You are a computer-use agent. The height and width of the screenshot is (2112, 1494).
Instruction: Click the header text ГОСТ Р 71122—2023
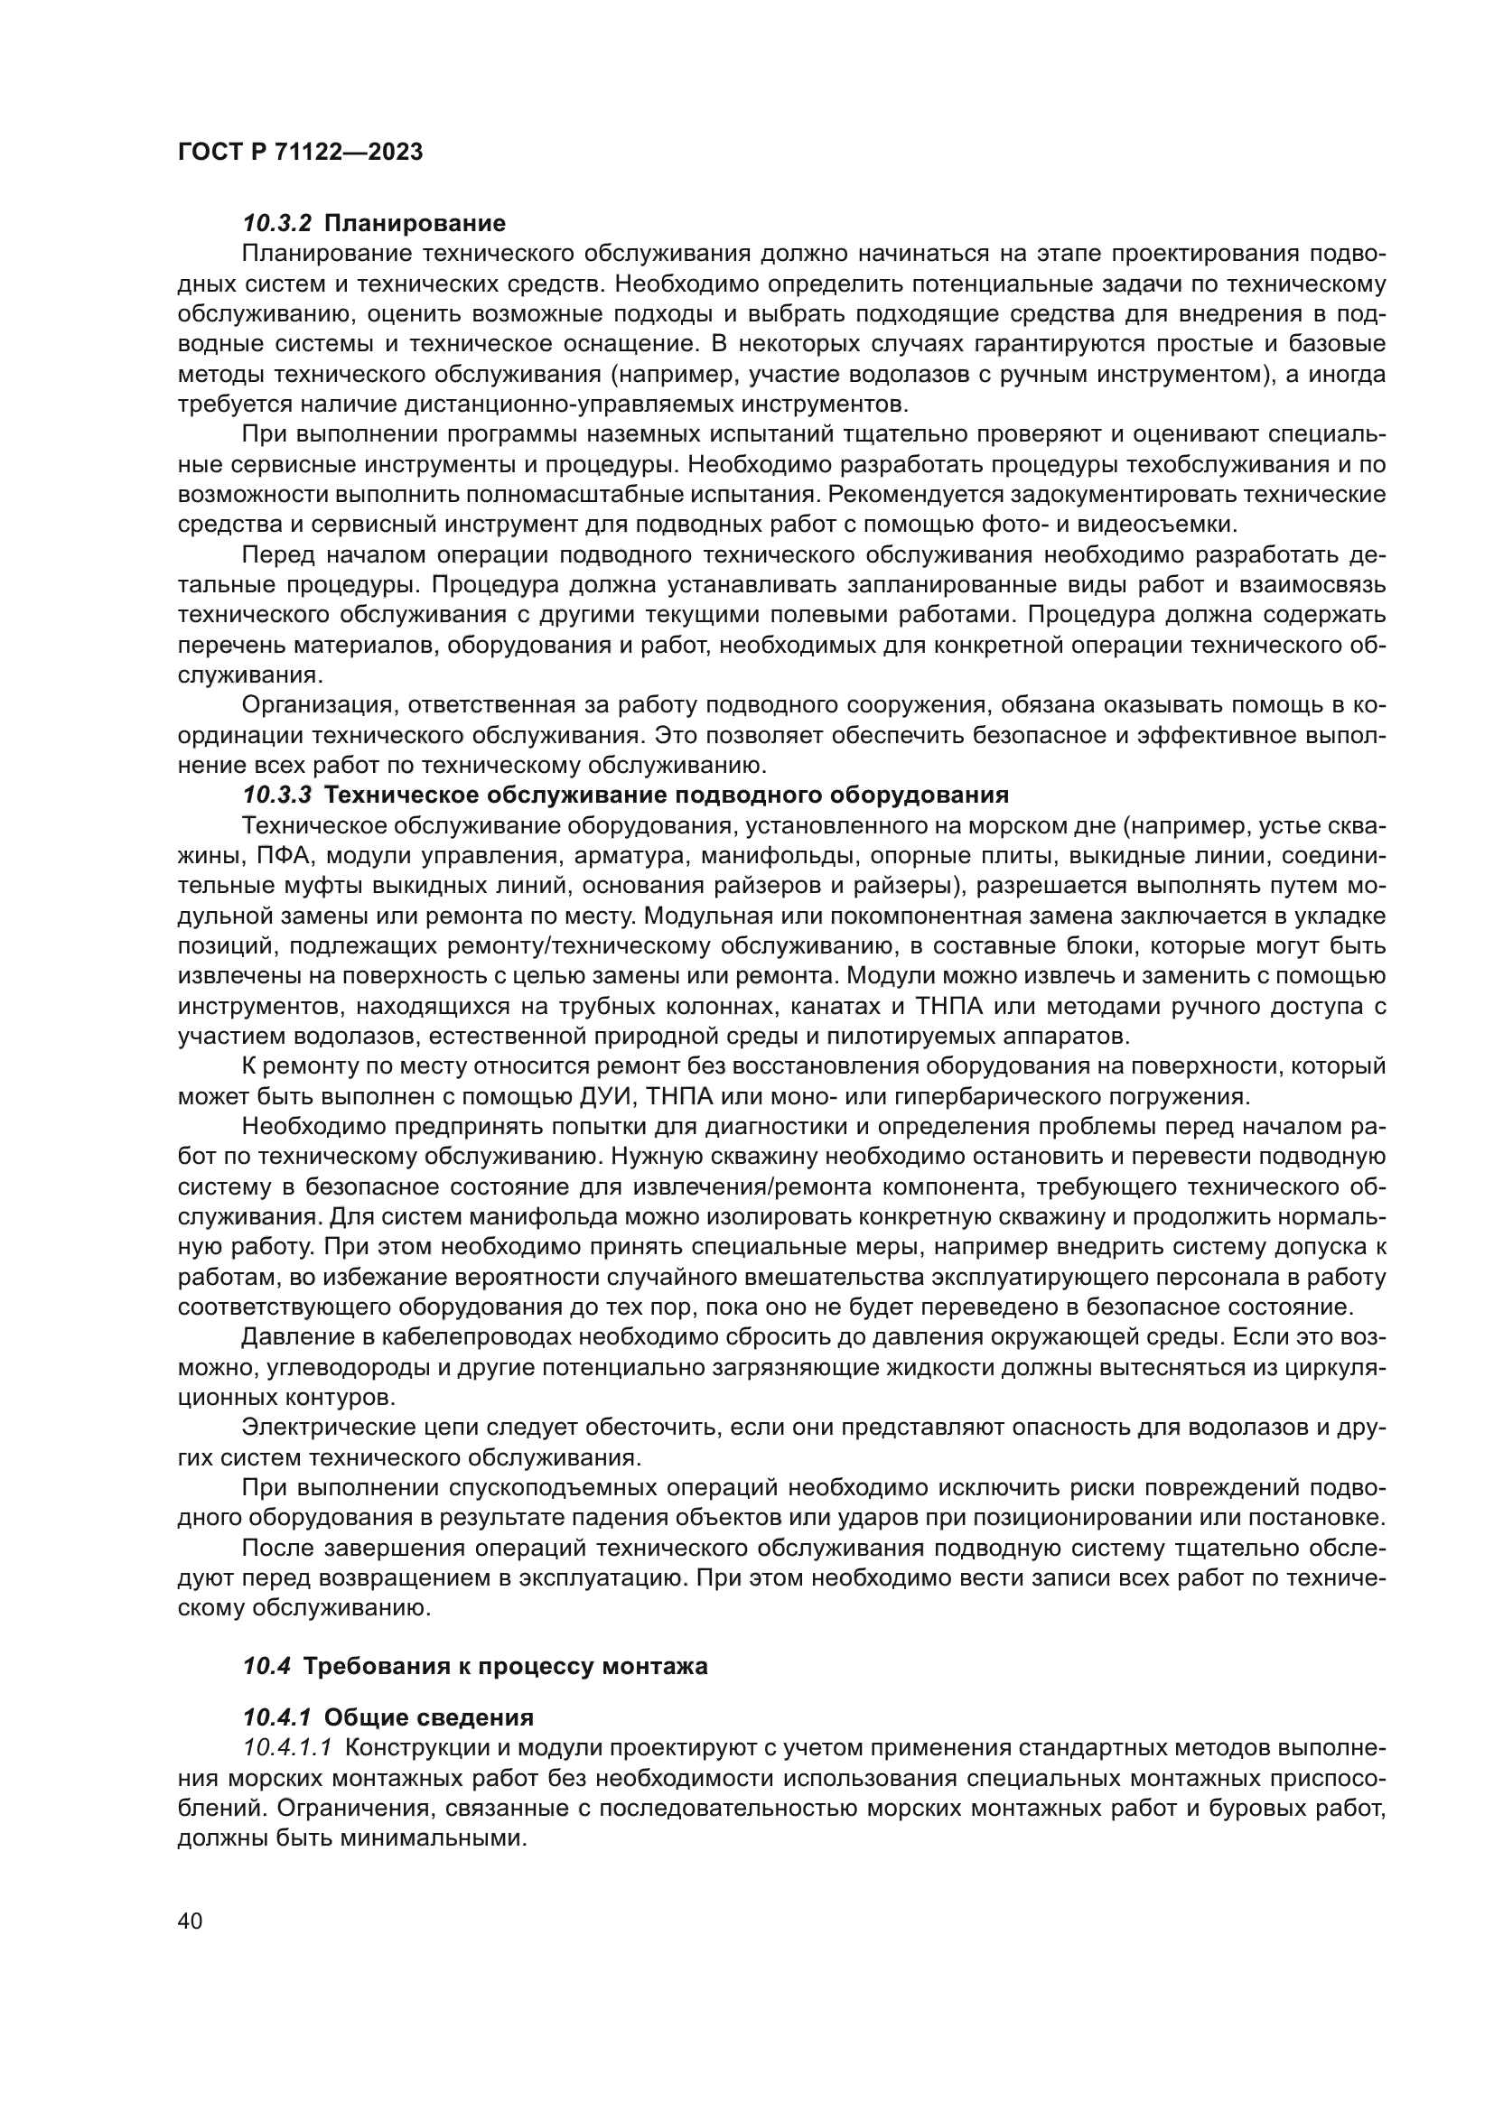click(x=300, y=153)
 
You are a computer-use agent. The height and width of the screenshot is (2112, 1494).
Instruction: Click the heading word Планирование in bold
click(x=415, y=224)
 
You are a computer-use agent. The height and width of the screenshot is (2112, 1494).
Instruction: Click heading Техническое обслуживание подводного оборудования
click(x=667, y=795)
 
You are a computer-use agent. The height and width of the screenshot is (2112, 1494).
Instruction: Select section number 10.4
click(x=266, y=1666)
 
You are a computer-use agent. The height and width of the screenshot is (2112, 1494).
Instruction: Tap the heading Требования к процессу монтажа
click(x=505, y=1666)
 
